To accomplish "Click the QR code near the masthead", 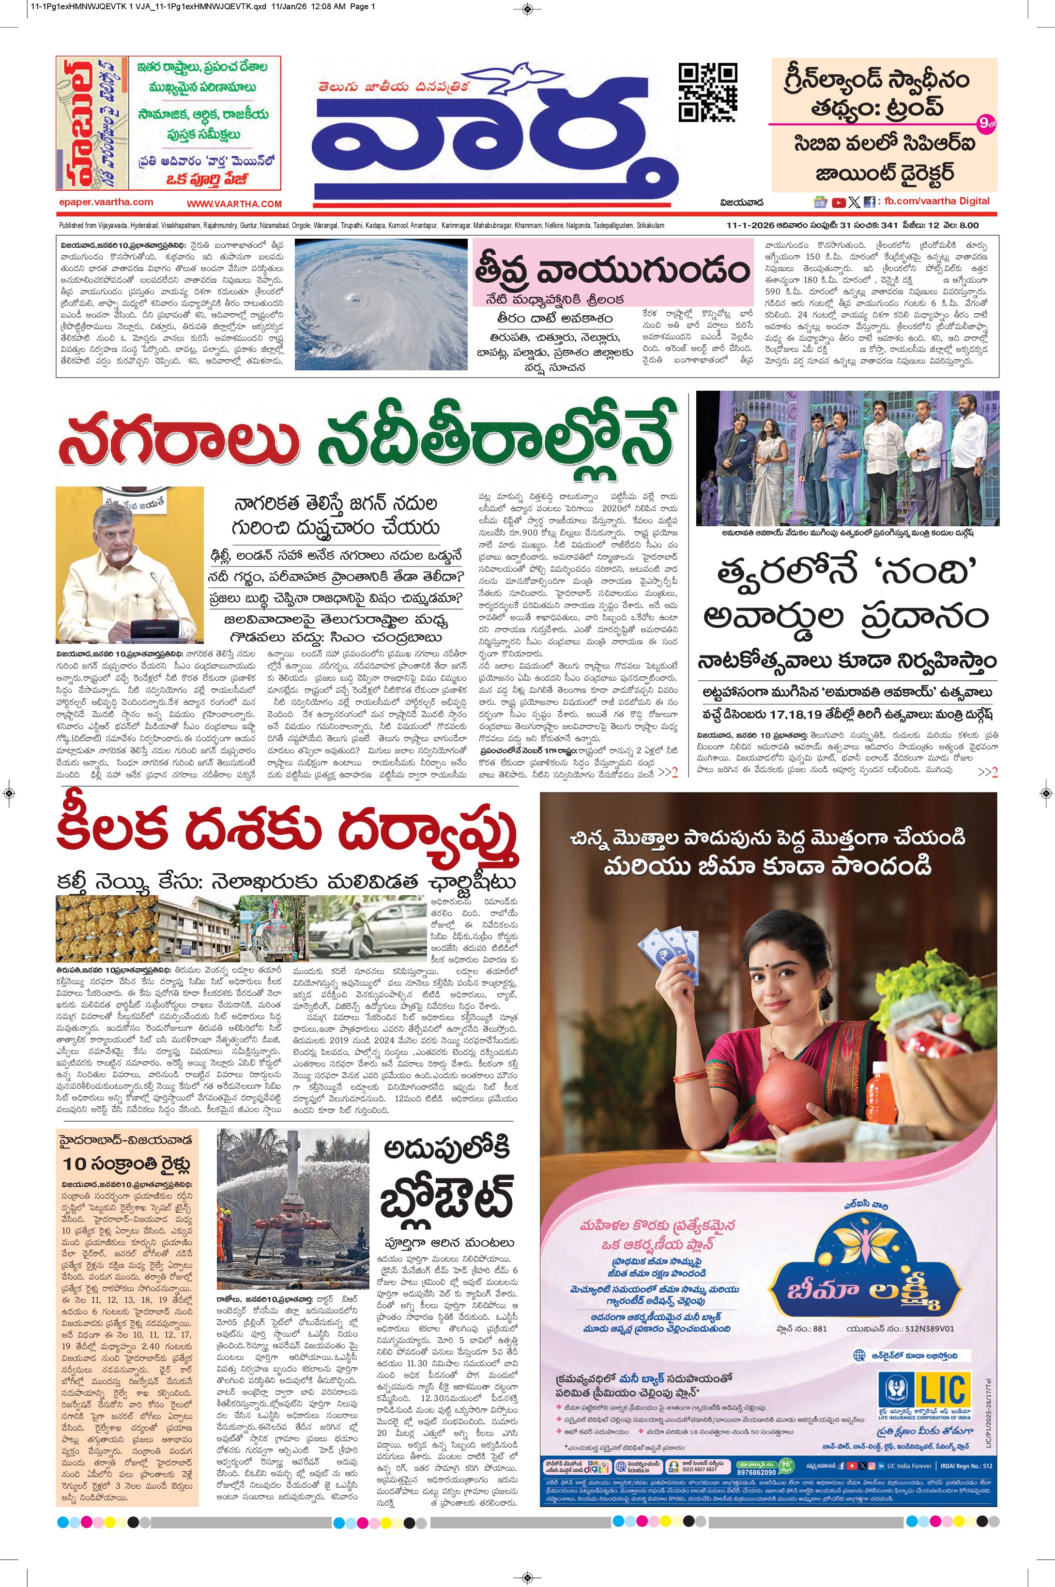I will click(x=707, y=92).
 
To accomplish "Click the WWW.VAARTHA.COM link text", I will click(x=234, y=204).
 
